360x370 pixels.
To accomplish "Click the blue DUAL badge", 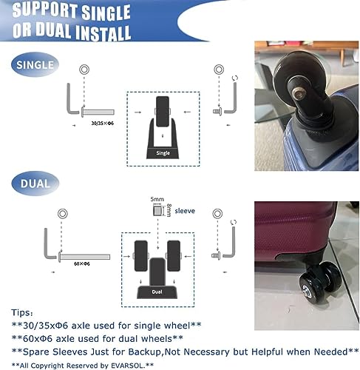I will pyautogui.click(x=33, y=181).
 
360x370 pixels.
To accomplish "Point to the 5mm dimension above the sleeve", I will pyautogui.click(x=156, y=199).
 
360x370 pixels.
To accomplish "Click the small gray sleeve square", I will pyautogui.click(x=157, y=212).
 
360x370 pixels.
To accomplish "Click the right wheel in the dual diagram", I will pyautogui.click(x=174, y=255).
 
